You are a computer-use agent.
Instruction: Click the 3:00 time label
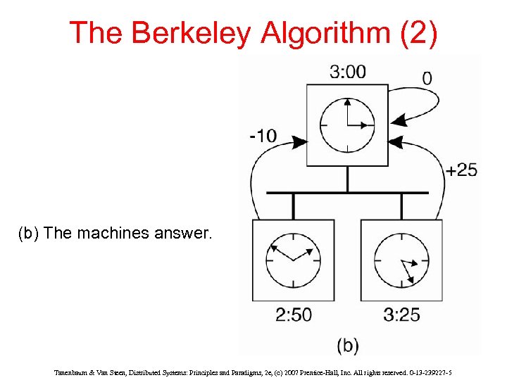point(347,72)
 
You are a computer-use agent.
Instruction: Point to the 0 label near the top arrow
point(427,77)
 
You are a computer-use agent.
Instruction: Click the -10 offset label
point(263,135)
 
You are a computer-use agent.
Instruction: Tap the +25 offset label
point(461,170)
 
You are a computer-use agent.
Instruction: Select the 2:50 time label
point(293,315)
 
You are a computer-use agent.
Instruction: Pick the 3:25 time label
point(401,315)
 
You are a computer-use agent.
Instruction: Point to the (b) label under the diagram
point(347,345)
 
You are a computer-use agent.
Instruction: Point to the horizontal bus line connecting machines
point(347,192)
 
